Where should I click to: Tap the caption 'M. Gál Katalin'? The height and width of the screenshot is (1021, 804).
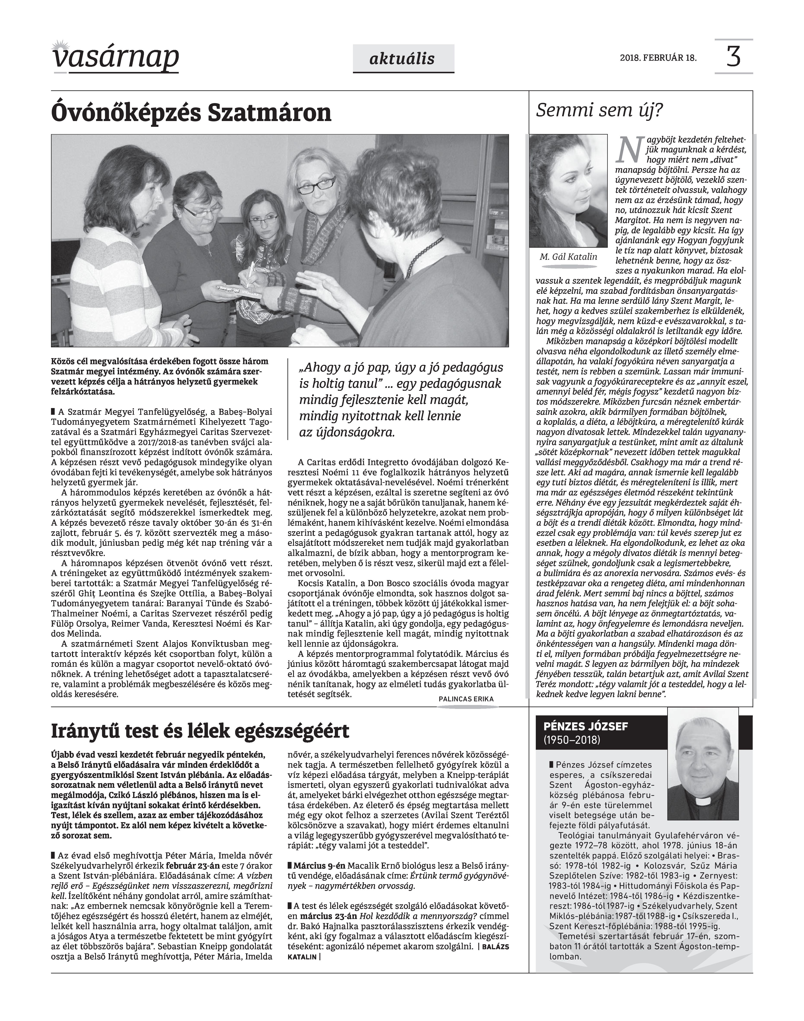pos(568,257)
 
